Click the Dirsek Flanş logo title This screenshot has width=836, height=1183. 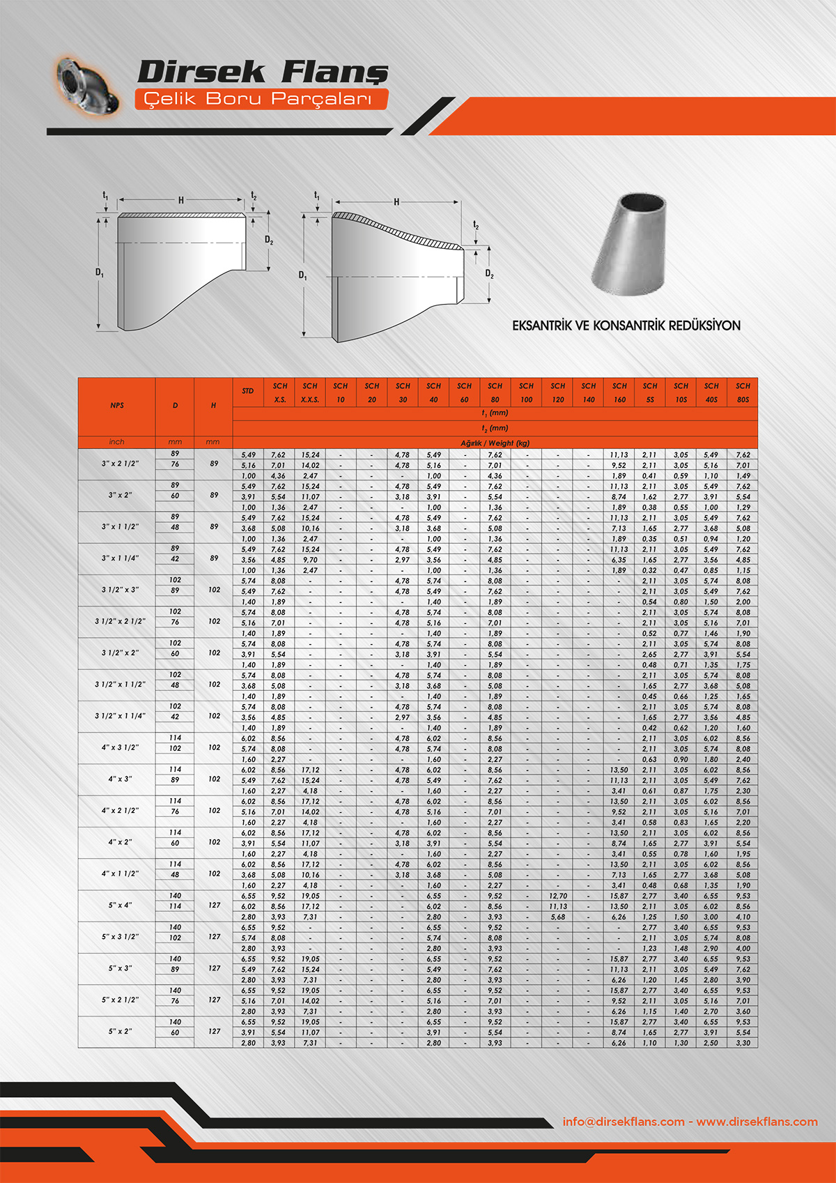pos(263,72)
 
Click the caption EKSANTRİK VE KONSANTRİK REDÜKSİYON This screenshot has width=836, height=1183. pos(626,326)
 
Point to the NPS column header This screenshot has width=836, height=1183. pos(117,406)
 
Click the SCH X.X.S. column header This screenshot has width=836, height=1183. pos(310,392)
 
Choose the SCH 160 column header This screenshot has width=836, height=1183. pos(619,392)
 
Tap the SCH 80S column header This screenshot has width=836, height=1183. pos(743,392)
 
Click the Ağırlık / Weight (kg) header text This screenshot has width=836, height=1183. pos(495,443)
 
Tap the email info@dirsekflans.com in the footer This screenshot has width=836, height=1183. pos(624,1122)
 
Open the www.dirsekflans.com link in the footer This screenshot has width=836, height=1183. pos(757,1122)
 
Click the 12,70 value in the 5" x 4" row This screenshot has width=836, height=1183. pos(557,896)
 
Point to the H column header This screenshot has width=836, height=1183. pos(213,406)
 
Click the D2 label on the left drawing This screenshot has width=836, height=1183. pos(269,241)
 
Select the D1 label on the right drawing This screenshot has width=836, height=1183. pos(302,275)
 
